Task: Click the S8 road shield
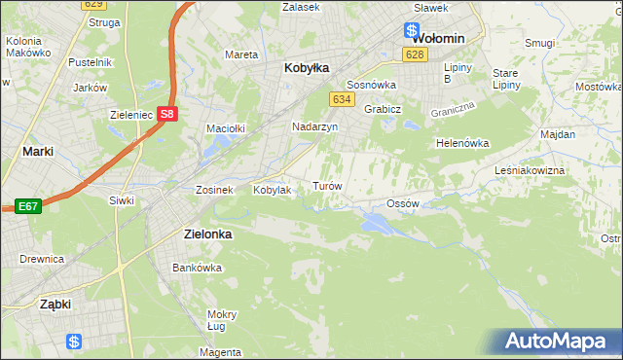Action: point(168,114)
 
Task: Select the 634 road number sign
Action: point(341,100)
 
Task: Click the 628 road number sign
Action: point(415,54)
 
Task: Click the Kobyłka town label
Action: point(307,68)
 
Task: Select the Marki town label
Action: point(37,152)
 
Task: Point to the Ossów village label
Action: point(402,203)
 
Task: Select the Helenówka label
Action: point(461,143)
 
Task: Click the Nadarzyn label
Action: point(314,126)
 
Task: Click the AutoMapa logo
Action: point(557,342)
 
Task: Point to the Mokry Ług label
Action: point(222,320)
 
